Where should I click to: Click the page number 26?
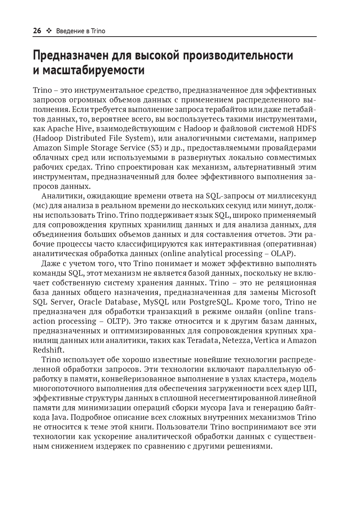coord(37,31)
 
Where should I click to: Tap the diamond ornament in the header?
coord(49,31)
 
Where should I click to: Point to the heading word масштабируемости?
coord(94,70)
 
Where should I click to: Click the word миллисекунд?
coord(293,196)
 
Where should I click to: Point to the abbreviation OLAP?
coord(282,254)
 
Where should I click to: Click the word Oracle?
coord(90,302)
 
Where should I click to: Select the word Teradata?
coord(203,340)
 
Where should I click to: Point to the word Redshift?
coord(48,350)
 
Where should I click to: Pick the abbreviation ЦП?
coord(309,388)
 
